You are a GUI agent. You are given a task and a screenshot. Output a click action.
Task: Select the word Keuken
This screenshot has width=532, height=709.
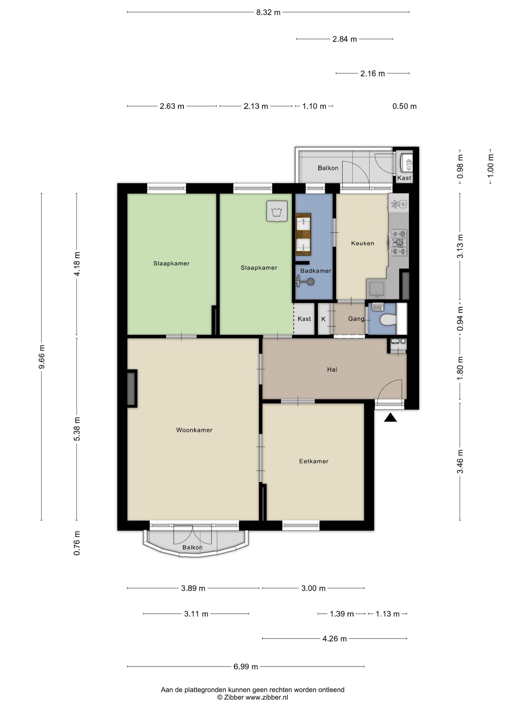[x=362, y=243]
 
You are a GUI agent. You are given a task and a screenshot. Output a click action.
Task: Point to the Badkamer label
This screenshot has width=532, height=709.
[x=316, y=271]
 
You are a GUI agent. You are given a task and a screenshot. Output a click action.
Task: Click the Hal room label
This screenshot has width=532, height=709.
[x=332, y=369]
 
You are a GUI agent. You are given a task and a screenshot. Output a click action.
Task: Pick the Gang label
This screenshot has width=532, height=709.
[x=356, y=319]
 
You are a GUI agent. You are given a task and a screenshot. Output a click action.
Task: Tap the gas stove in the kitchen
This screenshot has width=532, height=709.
[x=398, y=243]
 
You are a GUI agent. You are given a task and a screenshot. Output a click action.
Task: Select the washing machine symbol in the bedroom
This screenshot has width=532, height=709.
[x=277, y=211]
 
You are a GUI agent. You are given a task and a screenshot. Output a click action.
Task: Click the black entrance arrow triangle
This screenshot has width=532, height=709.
[x=390, y=418]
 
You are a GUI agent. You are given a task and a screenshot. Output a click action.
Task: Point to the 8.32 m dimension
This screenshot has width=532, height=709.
[x=268, y=12]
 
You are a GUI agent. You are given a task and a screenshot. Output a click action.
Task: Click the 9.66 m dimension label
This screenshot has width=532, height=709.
[x=42, y=357]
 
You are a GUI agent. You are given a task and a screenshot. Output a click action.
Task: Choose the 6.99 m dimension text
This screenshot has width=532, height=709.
[x=246, y=667]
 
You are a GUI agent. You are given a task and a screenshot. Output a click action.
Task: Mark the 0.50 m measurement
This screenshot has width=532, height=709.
[x=404, y=106]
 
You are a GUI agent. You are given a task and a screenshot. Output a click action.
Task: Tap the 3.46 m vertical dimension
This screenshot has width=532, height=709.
[x=460, y=461]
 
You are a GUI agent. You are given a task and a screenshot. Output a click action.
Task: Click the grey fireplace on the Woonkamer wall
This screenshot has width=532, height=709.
[x=131, y=388]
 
